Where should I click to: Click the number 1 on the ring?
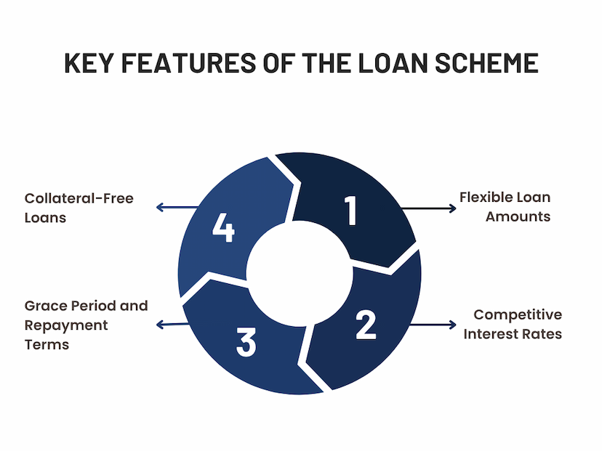351,210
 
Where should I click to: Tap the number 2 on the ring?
366,325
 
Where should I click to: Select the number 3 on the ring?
246,342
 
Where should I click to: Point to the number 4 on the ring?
223,227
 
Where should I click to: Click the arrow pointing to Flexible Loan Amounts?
428,208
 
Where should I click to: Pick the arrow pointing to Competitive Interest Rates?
433,325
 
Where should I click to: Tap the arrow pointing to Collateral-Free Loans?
177,208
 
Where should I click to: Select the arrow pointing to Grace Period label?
173,325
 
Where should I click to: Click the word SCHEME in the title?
486,63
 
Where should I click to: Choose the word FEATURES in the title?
188,63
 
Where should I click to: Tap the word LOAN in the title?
393,63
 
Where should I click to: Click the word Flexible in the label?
486,197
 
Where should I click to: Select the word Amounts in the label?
518,216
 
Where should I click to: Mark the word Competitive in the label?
518,315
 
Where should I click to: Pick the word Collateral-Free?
79,198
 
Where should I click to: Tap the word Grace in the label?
45,306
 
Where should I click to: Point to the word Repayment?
66,325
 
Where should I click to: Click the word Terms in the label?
47,345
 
